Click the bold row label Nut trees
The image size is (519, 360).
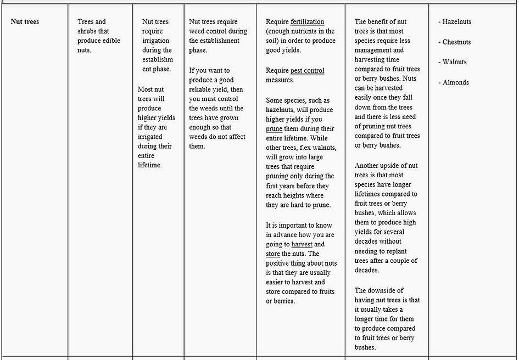point(25,22)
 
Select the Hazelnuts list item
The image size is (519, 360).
point(457,22)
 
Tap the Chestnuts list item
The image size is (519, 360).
point(457,42)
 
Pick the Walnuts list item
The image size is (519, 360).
point(455,62)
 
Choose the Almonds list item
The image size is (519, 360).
point(456,82)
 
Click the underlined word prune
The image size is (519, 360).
point(274,129)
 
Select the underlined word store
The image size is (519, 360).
point(273,254)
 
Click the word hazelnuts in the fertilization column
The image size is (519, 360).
point(282,110)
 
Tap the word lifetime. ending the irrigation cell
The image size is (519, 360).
point(150,165)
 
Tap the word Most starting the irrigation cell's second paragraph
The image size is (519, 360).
point(146,89)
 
